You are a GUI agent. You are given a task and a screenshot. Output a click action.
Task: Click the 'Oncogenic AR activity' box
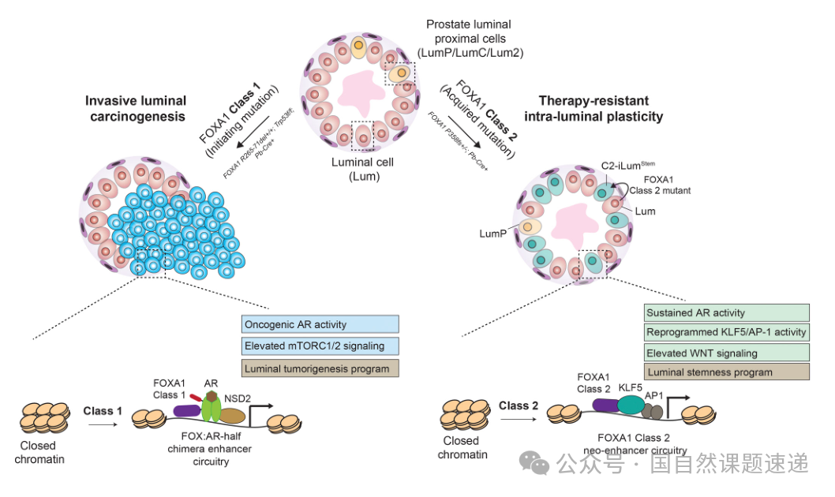[x=320, y=324]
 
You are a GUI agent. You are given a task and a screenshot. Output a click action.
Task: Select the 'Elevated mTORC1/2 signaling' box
[x=320, y=346]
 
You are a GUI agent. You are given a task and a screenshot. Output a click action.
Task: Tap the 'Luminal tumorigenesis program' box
[x=320, y=368]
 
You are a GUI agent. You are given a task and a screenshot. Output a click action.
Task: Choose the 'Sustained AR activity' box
[x=726, y=312]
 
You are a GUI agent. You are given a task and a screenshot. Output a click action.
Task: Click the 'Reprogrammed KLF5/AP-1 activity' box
[x=726, y=332]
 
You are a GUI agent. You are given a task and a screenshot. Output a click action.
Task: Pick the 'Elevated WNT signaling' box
[x=726, y=353]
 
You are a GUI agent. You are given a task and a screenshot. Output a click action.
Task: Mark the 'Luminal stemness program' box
[x=726, y=372]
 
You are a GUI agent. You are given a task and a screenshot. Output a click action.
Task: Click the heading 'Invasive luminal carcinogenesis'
[x=136, y=109]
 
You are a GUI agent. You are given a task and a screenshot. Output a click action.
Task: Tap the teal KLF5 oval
[x=631, y=405]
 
